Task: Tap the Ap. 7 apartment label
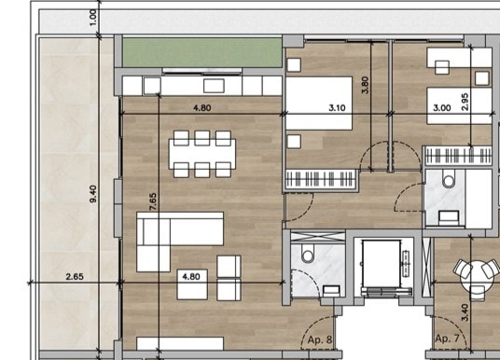pos(448,339)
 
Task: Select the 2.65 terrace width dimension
pos(76,276)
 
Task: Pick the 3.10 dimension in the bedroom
pos(338,108)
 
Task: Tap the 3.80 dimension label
pos(365,87)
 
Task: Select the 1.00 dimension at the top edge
pos(93,19)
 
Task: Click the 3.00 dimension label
pos(441,108)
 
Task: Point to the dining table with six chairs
pos(201,153)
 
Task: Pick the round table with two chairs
pos(475,273)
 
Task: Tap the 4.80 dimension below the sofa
pos(191,276)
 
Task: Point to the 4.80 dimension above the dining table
pos(201,108)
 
